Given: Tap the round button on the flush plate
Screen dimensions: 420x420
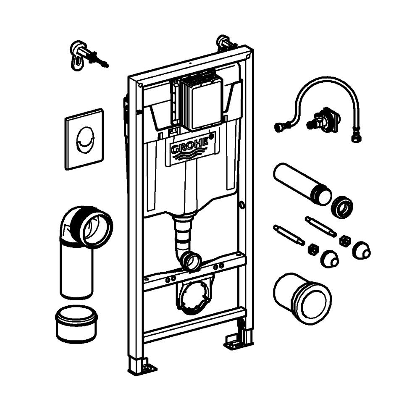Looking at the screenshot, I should point(84,139).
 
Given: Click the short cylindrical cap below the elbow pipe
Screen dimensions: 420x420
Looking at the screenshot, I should point(76,323).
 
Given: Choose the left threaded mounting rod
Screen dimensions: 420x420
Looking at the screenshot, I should point(289,235).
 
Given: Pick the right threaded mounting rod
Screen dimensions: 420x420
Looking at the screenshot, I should point(320,226).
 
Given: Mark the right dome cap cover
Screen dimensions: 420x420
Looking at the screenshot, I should point(361,251).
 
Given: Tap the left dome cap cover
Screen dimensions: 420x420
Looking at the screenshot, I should point(329,260).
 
